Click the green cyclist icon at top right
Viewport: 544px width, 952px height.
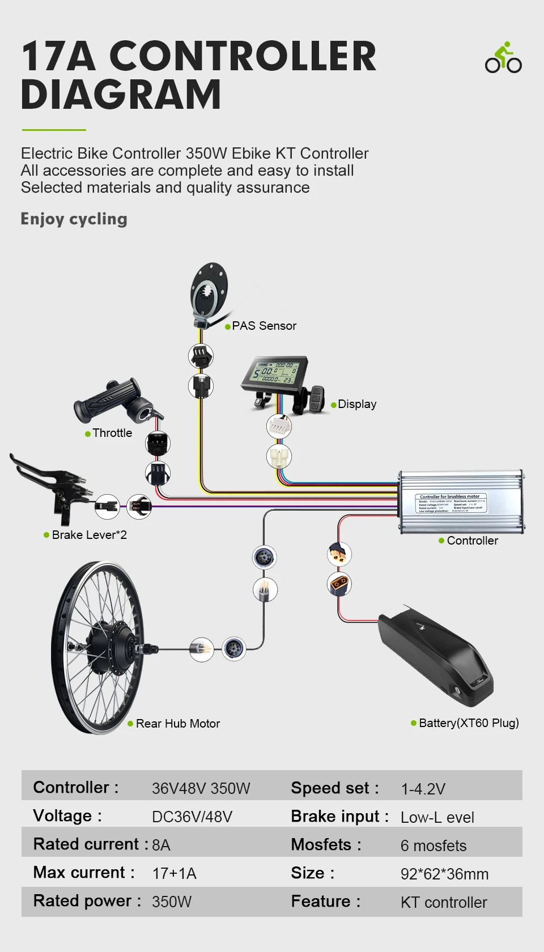click(503, 58)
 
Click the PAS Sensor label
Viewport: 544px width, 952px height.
click(263, 326)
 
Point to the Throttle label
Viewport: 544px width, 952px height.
click(112, 433)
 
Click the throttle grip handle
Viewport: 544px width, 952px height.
click(108, 400)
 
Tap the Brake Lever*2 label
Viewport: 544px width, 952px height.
click(89, 535)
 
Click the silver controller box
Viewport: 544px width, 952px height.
click(460, 501)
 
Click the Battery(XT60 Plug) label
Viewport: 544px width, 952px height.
click(469, 723)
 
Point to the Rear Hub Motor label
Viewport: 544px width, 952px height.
click(177, 724)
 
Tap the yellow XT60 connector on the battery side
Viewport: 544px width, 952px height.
click(339, 584)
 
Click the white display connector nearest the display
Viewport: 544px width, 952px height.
click(279, 426)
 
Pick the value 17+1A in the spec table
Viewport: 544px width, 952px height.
click(174, 873)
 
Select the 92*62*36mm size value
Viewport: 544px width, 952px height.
click(444, 874)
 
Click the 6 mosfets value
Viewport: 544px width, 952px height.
click(433, 845)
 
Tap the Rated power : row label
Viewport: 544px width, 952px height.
click(87, 901)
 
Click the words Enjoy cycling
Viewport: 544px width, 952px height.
click(74, 219)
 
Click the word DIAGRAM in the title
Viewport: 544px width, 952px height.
click(121, 95)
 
